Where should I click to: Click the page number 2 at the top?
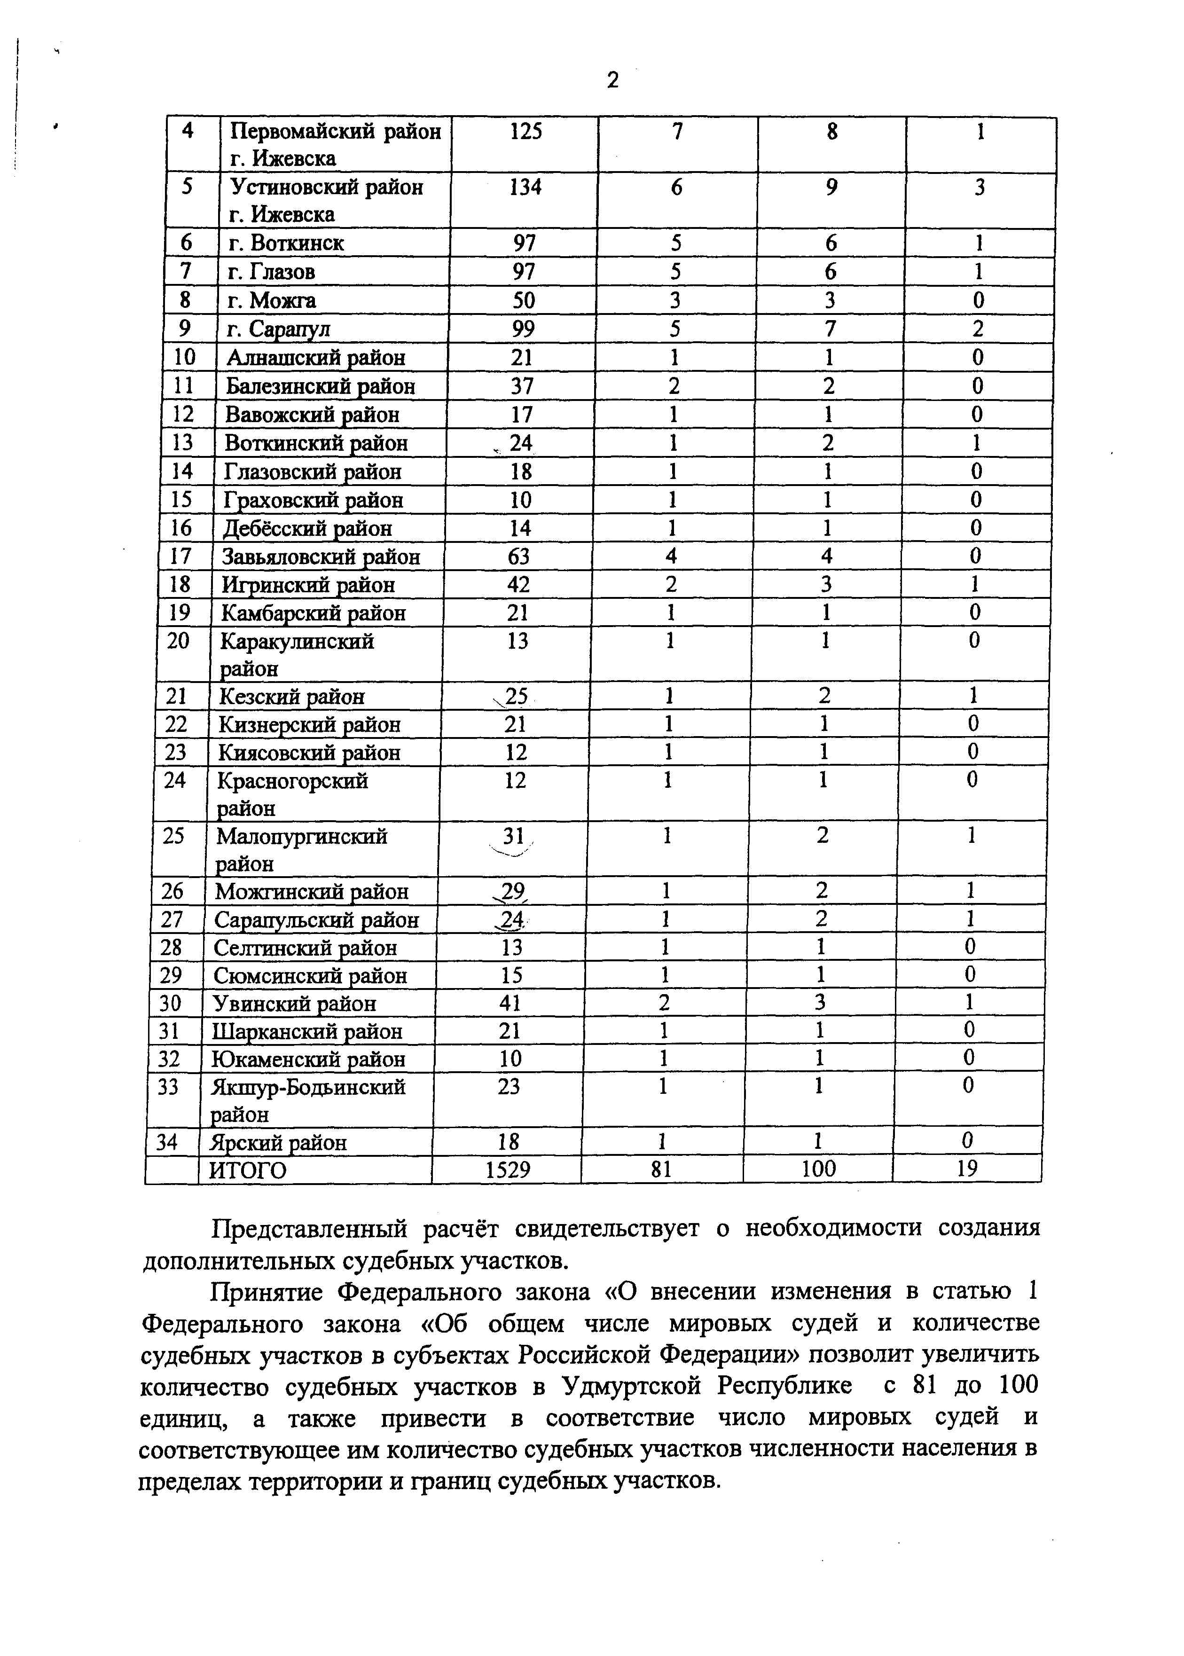click(612, 79)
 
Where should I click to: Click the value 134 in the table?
click(525, 188)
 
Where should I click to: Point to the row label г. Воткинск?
click(286, 243)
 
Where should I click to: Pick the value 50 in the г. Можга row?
click(524, 300)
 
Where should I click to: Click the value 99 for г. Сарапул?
click(524, 329)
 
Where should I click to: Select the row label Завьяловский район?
click(321, 557)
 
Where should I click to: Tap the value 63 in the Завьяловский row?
click(518, 557)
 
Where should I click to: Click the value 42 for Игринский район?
click(518, 585)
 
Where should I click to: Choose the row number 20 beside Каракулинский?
click(178, 641)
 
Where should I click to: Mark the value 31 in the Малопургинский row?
click(514, 836)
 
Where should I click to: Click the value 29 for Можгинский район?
click(513, 891)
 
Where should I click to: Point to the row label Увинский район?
click(295, 1004)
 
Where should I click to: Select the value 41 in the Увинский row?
click(510, 1004)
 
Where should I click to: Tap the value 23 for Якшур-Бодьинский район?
click(509, 1087)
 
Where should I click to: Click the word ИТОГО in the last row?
click(248, 1170)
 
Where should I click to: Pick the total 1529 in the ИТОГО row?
click(508, 1169)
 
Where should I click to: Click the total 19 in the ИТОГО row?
click(967, 1169)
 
